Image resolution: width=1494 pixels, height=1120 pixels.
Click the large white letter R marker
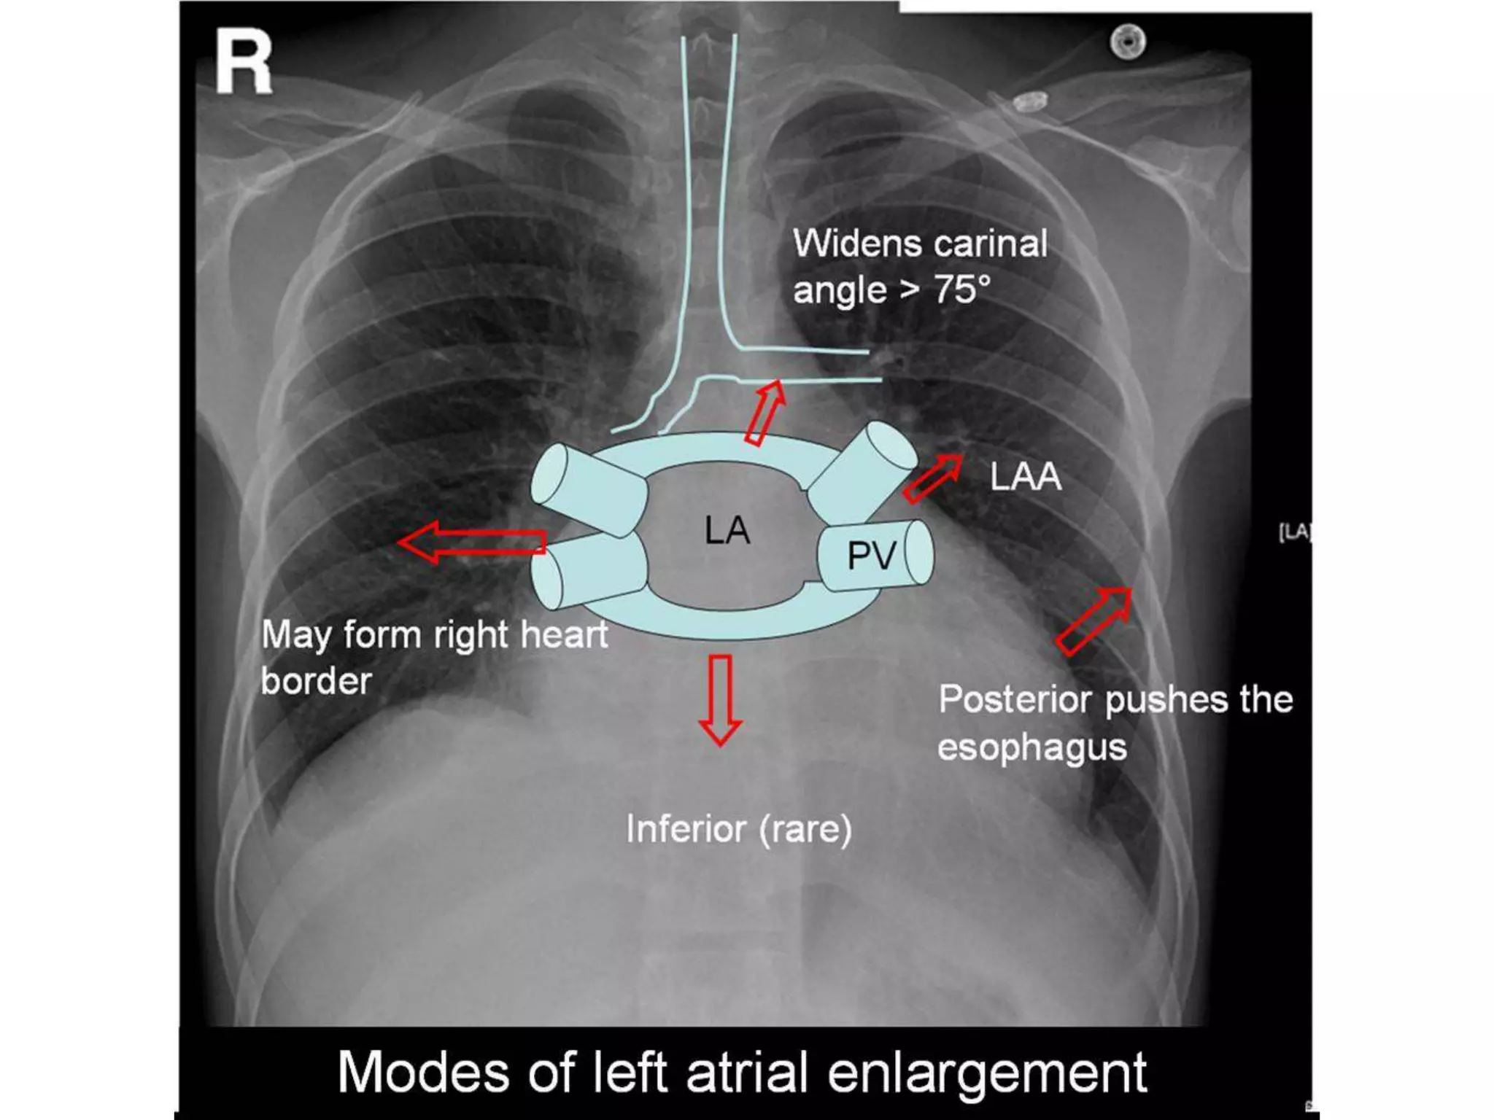(244, 64)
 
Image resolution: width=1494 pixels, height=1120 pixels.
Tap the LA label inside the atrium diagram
(727, 530)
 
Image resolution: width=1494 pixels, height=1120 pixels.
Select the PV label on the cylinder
(871, 556)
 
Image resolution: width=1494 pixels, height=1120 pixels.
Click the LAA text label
(1025, 478)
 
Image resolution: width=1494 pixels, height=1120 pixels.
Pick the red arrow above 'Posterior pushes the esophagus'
(1094, 620)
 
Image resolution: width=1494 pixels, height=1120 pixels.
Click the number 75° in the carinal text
(962, 289)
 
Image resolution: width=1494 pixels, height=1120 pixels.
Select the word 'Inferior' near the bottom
(686, 829)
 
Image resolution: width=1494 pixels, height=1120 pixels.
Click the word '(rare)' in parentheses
(805, 830)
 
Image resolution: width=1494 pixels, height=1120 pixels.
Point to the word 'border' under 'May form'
(316, 681)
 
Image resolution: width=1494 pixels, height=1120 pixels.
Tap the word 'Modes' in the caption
(423, 1073)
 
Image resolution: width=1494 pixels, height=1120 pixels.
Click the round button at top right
(1128, 42)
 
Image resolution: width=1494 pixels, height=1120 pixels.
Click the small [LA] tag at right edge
(1294, 532)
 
